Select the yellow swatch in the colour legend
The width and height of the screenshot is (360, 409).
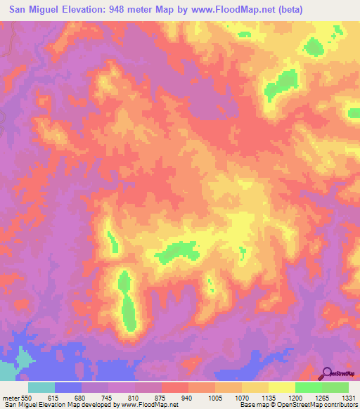[281, 387]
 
